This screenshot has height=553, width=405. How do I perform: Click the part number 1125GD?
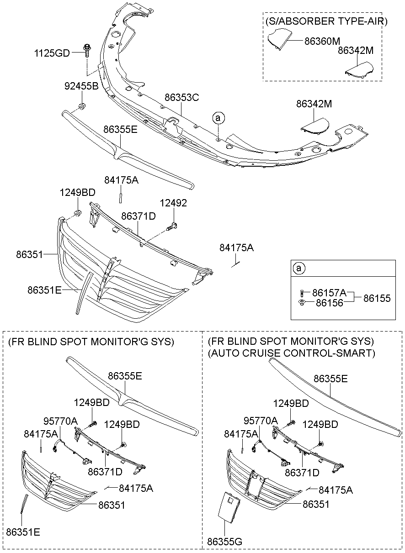click(52, 53)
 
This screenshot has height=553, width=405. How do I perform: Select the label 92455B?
click(81, 85)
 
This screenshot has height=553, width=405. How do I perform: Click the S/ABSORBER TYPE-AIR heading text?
click(326, 21)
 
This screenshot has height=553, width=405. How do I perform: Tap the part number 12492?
click(173, 203)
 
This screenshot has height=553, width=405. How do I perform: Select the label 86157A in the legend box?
click(330, 293)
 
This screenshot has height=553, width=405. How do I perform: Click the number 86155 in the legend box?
click(377, 298)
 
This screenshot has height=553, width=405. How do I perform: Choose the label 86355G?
click(224, 542)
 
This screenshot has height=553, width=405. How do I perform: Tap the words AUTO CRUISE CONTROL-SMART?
click(291, 353)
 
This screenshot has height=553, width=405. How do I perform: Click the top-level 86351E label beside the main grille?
click(44, 290)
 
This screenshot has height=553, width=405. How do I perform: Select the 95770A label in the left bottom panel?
click(60, 421)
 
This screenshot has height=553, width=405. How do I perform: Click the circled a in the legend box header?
click(298, 268)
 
